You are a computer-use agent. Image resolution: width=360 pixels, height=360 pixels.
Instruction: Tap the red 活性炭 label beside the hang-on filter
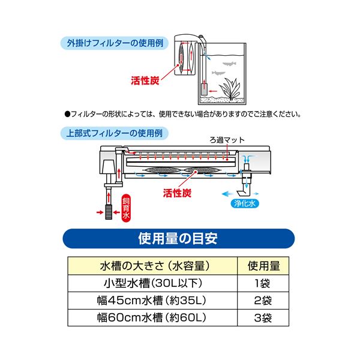[145, 79]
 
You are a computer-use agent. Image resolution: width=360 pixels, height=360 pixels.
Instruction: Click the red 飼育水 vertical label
[126, 208]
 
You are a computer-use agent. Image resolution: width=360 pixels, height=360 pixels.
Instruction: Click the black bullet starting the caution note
[67, 113]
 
